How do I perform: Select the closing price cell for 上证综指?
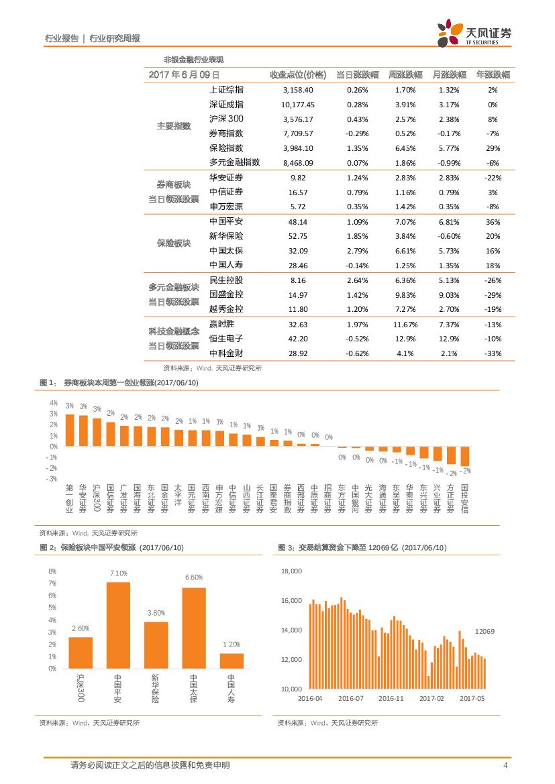pyautogui.click(x=299, y=90)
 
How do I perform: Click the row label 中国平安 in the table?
pyautogui.click(x=226, y=221)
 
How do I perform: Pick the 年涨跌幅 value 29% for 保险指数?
pyautogui.click(x=493, y=148)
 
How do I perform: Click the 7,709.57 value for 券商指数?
pyautogui.click(x=299, y=133)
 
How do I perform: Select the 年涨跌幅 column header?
pyautogui.click(x=493, y=74)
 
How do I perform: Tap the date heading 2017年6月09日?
pyautogui.click(x=184, y=75)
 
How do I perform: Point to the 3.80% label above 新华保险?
pyautogui.click(x=156, y=613)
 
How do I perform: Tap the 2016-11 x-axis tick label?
pyautogui.click(x=391, y=698)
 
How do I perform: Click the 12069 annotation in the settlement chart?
pyautogui.click(x=485, y=632)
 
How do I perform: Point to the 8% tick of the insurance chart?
pyautogui.click(x=52, y=571)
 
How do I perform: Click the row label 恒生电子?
pyautogui.click(x=226, y=339)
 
